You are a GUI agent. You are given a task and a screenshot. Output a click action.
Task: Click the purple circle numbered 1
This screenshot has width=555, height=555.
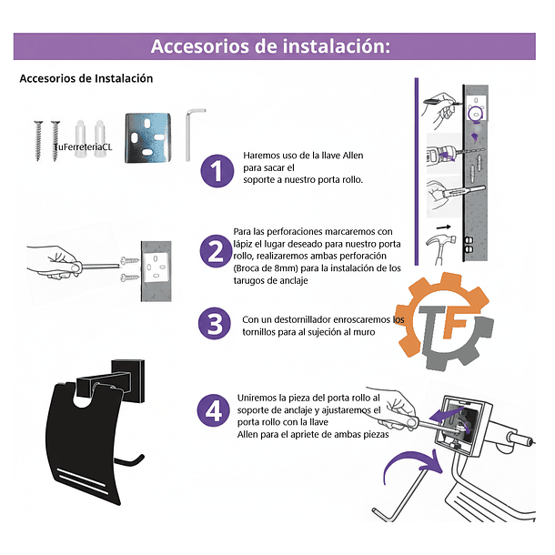click(217, 170)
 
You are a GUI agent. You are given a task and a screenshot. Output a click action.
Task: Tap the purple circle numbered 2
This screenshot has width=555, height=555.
click(217, 253)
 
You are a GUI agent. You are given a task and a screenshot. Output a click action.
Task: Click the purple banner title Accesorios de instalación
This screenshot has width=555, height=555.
click(270, 46)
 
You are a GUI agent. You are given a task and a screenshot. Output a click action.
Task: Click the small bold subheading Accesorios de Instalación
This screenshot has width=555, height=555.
click(86, 79)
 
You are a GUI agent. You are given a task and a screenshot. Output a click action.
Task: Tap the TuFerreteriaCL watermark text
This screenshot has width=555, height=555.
click(82, 146)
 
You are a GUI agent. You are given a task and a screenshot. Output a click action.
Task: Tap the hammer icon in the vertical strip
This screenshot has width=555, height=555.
click(439, 242)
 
